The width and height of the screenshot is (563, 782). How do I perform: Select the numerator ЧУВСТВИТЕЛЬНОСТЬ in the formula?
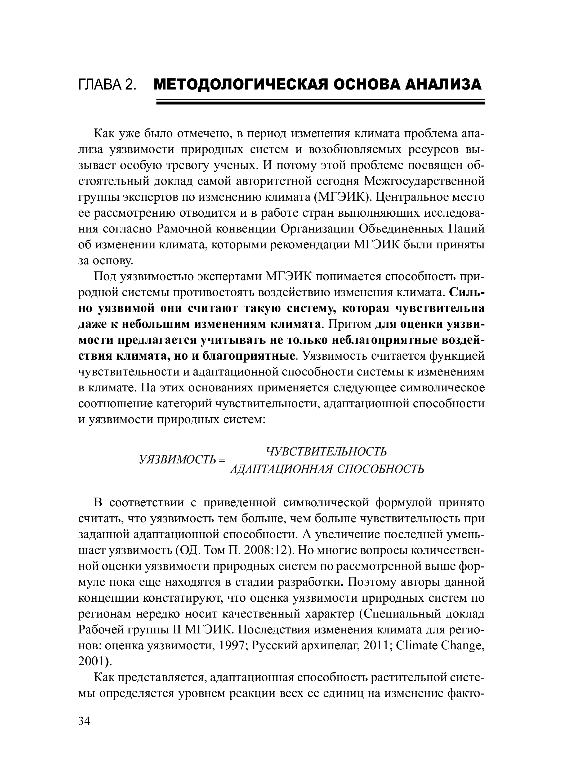pos(326,451)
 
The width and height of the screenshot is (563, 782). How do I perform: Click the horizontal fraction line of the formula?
pos(326,460)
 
